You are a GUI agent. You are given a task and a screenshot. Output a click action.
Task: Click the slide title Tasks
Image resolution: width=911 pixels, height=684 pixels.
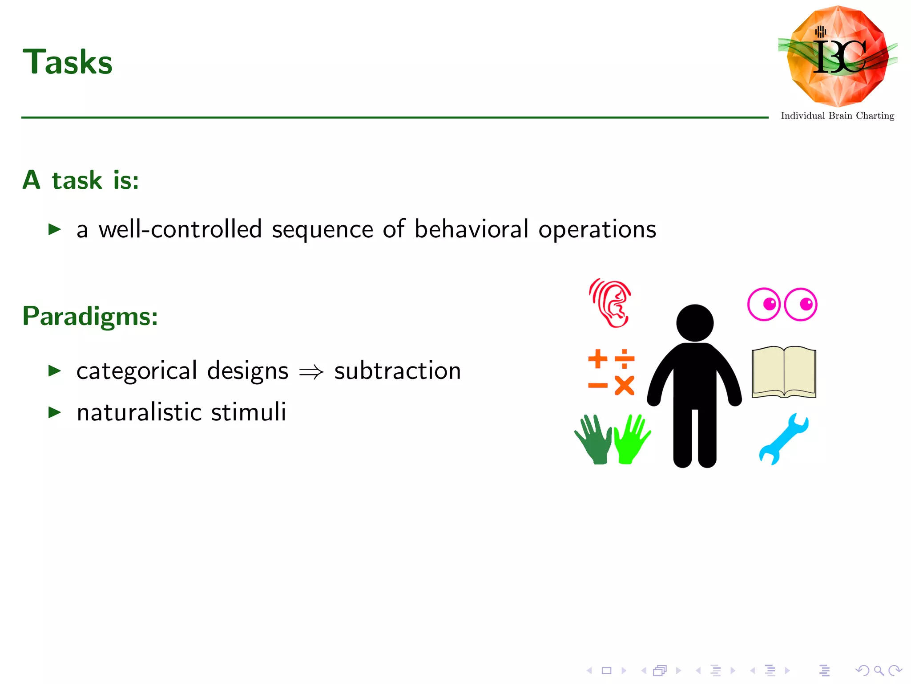[x=68, y=62]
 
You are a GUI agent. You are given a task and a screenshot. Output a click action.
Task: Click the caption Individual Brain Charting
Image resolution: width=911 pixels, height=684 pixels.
[x=837, y=116]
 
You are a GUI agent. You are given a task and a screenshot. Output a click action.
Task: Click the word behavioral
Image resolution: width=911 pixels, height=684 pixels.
[x=472, y=229]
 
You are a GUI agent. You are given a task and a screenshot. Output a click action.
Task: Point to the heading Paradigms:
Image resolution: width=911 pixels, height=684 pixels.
[x=90, y=317]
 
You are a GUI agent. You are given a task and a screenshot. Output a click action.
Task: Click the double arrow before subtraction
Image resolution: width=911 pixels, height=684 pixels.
[x=311, y=371]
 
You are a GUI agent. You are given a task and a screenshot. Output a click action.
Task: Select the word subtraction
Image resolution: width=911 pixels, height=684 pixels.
[x=397, y=371]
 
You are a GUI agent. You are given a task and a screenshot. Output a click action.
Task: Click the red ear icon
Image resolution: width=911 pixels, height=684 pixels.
[x=610, y=303]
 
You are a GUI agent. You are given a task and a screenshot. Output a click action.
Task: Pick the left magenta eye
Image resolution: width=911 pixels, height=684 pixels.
[x=764, y=304]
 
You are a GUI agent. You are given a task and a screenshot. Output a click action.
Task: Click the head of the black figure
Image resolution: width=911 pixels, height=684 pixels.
[x=695, y=323]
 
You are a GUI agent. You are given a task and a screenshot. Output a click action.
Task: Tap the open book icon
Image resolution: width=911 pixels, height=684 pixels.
[x=784, y=372]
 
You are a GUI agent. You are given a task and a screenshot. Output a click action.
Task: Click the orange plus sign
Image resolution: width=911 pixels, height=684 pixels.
[x=597, y=358]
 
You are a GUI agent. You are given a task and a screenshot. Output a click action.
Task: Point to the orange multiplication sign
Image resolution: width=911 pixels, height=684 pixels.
[x=625, y=386]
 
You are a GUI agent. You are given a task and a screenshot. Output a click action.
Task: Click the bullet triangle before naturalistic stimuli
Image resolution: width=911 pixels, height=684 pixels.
[x=54, y=412]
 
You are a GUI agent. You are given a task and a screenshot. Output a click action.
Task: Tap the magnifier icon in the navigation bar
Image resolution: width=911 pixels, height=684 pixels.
[x=879, y=670]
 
